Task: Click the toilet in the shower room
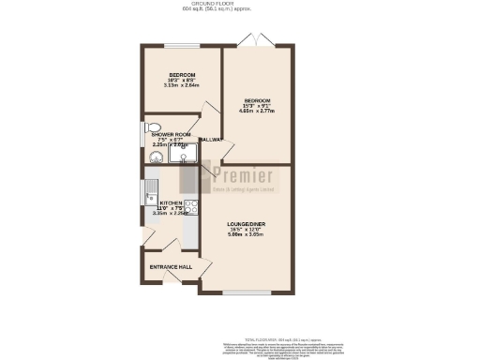[x=155, y=127]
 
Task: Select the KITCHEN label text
[x=170, y=202]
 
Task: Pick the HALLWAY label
[x=211, y=141]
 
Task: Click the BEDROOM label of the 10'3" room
[x=182, y=74]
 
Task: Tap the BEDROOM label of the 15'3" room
[x=257, y=99]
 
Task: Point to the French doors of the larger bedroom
[x=253, y=41]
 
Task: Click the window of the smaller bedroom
[x=181, y=45]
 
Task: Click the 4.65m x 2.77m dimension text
[x=257, y=111]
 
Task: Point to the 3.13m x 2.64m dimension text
[x=182, y=85]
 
